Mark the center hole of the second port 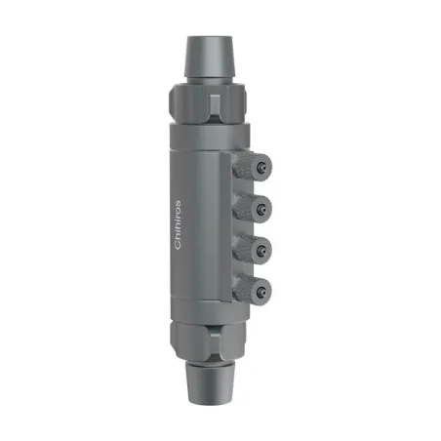(x=263, y=208)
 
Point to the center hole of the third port (x=263, y=249)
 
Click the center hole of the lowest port (x=263, y=289)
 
